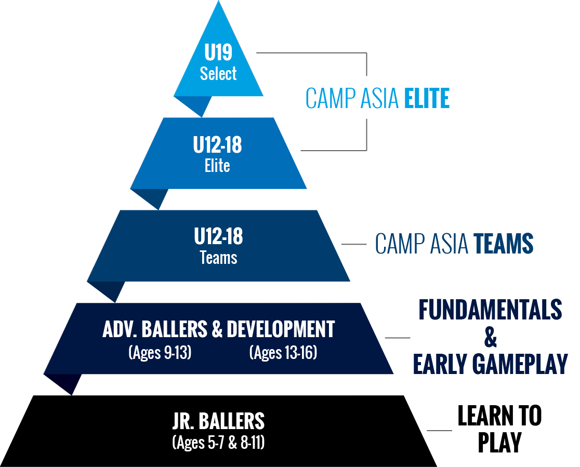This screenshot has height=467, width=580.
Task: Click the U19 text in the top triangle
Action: (x=218, y=52)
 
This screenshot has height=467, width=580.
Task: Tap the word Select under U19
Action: (x=218, y=73)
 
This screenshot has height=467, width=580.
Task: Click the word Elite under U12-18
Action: (x=217, y=165)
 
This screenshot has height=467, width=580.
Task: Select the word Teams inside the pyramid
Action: (x=219, y=257)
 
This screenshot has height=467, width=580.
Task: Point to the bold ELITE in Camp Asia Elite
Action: (x=427, y=98)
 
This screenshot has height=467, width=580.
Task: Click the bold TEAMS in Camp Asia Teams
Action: (x=504, y=243)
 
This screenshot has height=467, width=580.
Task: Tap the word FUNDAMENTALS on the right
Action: (x=491, y=309)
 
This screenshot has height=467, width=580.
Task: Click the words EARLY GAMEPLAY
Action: (x=491, y=364)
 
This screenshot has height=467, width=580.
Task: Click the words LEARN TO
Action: (x=500, y=416)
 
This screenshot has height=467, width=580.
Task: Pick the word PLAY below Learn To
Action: (x=500, y=442)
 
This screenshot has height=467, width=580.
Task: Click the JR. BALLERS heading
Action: (x=219, y=421)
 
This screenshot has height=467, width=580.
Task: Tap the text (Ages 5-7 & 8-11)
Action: (x=219, y=442)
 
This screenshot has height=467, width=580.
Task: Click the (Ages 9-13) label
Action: (x=160, y=352)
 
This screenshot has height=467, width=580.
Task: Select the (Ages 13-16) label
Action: (x=283, y=352)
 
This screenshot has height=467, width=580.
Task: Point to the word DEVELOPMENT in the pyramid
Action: (x=281, y=329)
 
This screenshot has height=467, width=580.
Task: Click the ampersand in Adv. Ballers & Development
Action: (x=217, y=329)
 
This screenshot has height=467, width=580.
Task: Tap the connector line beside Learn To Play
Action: (x=440, y=431)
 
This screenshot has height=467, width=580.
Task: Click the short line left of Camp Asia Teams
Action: (x=353, y=244)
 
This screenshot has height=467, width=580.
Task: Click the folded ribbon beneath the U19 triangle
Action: (x=193, y=106)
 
